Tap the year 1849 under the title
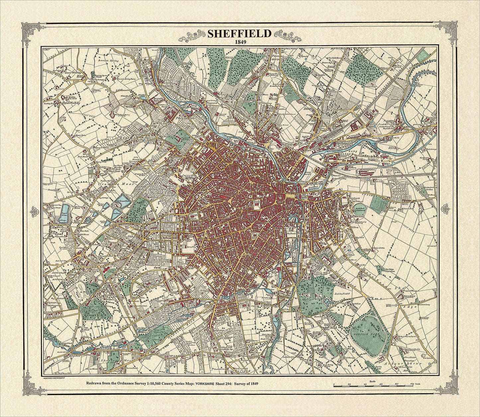click(x=240, y=42)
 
